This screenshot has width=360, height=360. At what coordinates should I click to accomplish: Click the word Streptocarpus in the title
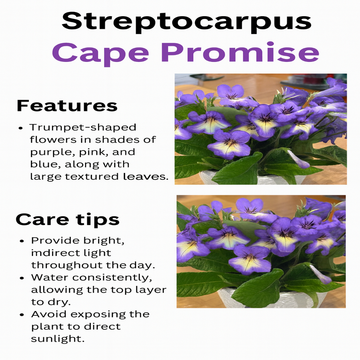point(186,22)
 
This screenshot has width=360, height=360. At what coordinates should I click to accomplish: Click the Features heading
point(67,105)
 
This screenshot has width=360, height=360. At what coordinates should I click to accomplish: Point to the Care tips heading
point(67,220)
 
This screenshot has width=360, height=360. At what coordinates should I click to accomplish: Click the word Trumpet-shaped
point(83,127)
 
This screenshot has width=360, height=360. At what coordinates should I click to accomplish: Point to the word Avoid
point(46,314)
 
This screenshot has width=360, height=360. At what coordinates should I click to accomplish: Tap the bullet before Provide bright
point(22,241)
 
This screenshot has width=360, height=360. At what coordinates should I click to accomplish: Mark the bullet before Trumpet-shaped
point(21,128)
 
